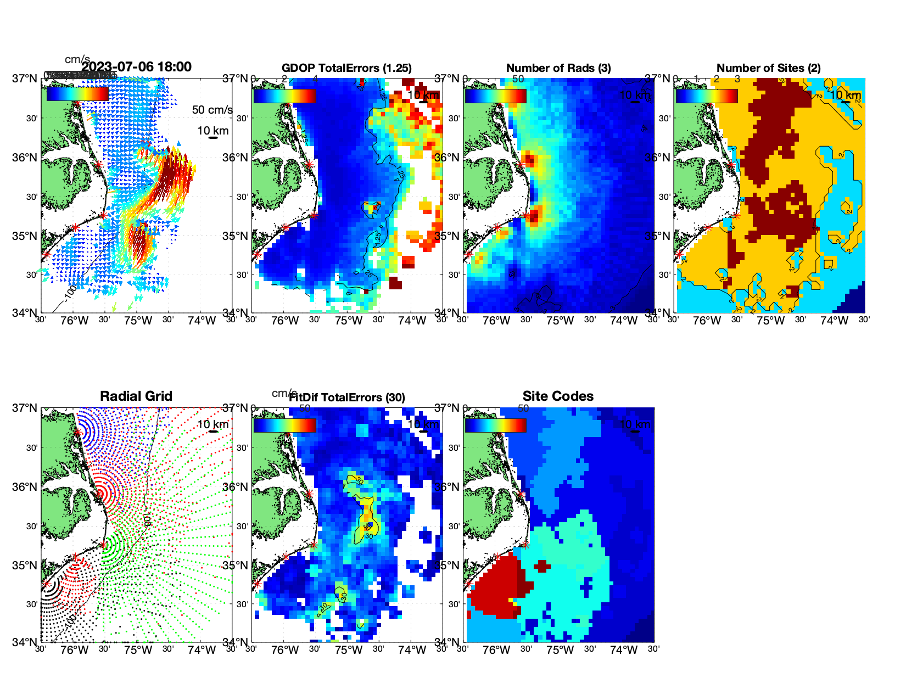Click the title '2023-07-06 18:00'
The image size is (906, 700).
(136, 67)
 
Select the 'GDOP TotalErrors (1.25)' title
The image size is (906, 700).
(346, 68)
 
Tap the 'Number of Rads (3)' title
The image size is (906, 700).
(558, 68)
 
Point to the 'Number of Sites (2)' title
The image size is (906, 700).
(768, 68)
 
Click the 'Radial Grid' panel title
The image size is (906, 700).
(136, 396)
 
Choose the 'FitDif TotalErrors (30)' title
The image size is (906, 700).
(347, 397)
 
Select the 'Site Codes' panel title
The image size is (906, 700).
(558, 396)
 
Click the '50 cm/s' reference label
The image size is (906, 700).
(212, 110)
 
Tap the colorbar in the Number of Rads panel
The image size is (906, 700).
(495, 96)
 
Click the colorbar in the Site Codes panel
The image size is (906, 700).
(495, 425)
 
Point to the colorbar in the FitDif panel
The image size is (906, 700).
(284, 425)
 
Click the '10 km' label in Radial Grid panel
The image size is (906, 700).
(212, 424)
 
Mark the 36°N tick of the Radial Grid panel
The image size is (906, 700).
(25, 487)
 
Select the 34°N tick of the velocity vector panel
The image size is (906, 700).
(25, 313)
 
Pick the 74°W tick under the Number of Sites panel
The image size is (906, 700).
(834, 321)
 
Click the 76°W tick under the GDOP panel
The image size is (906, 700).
(285, 321)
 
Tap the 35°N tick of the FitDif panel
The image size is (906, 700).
(236, 565)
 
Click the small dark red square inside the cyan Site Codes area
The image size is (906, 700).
(543, 565)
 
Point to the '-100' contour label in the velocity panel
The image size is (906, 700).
(70, 293)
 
